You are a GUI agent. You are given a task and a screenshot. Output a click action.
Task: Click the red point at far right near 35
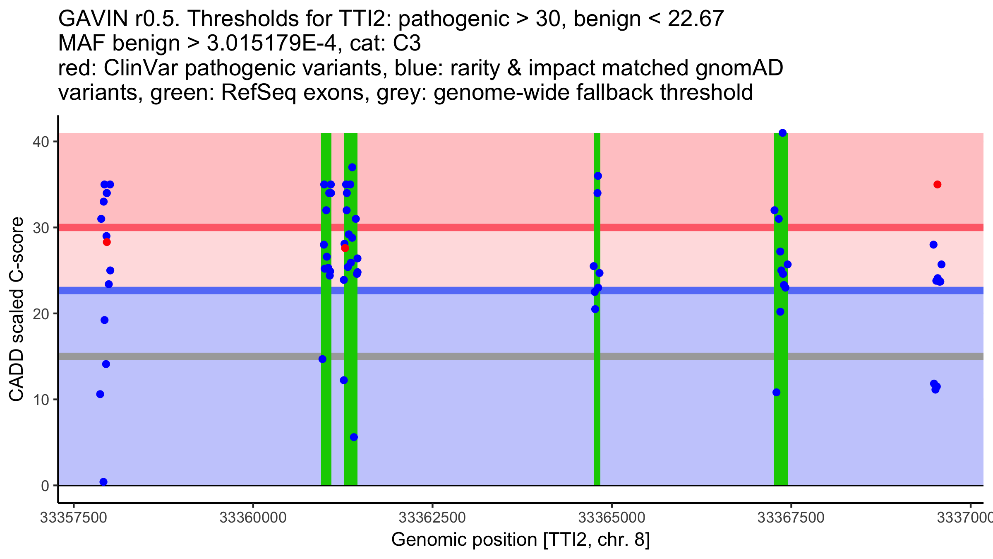(x=937, y=185)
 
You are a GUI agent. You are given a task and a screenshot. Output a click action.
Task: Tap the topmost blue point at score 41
(x=782, y=133)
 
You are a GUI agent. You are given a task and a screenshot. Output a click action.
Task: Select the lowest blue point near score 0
(x=103, y=482)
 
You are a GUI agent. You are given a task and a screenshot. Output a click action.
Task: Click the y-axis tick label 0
(x=45, y=486)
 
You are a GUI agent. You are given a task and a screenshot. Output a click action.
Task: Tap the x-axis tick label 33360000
(x=253, y=518)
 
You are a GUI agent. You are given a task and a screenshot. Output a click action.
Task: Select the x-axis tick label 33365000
(x=612, y=518)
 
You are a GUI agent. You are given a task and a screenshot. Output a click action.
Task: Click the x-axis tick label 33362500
(x=432, y=518)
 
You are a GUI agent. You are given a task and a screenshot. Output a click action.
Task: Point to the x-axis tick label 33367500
(x=791, y=518)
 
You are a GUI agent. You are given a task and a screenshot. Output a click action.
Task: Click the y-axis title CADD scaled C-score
(x=17, y=310)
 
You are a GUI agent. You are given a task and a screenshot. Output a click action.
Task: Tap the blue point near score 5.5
(x=354, y=437)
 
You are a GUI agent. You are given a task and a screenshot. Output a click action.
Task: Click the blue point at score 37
(x=352, y=167)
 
